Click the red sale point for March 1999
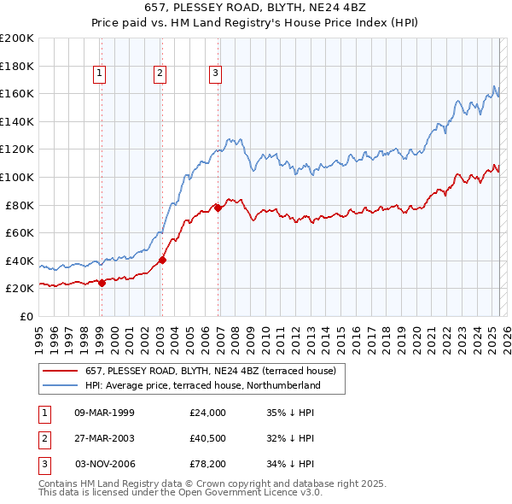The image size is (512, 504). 102,283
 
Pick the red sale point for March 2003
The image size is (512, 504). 162,260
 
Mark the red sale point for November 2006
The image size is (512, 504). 218,208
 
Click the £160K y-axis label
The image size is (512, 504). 17,93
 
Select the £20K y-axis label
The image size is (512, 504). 20,289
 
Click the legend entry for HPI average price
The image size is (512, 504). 202,385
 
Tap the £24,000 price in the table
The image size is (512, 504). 208,413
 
